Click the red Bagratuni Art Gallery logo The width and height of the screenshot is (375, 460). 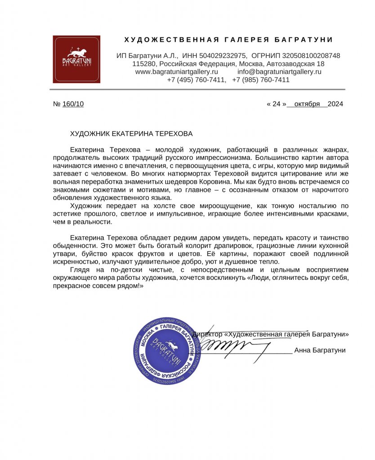(x=76, y=59)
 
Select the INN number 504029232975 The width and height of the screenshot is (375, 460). (x=223, y=56)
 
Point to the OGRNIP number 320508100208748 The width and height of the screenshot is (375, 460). (x=311, y=56)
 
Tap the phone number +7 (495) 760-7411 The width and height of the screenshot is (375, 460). (x=196, y=80)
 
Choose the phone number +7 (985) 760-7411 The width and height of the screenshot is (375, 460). (x=261, y=80)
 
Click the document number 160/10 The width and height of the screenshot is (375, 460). (x=73, y=104)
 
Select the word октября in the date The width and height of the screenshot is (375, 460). (x=307, y=104)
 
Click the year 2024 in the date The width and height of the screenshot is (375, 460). (x=335, y=104)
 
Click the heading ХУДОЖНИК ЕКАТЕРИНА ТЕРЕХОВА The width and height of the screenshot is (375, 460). (x=131, y=134)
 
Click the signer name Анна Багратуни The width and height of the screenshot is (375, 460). (x=320, y=350)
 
